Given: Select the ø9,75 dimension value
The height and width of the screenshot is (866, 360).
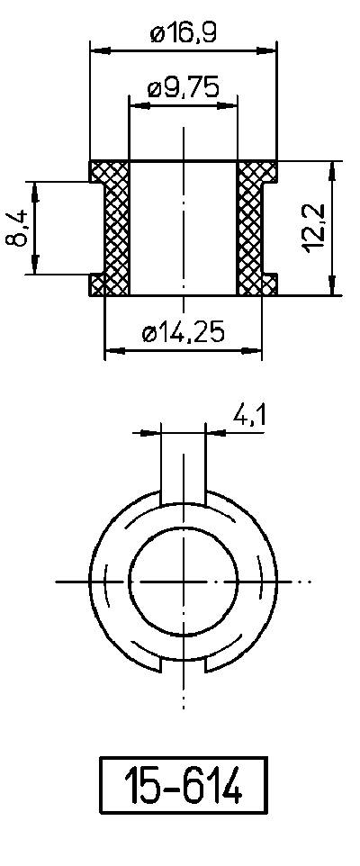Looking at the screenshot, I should click(184, 89).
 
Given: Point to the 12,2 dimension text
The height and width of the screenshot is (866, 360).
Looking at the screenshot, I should click(315, 229).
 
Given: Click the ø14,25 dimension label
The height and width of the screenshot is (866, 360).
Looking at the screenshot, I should click(184, 333).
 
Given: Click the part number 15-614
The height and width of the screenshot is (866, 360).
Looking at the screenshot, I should click(184, 785).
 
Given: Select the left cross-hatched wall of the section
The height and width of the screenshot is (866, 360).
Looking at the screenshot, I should click(117, 229).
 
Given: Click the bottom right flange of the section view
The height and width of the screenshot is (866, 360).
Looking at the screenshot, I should click(266, 285).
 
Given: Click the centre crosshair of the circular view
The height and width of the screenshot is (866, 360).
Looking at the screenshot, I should click(184, 582).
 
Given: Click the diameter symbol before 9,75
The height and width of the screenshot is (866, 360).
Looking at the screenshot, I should click(154, 89).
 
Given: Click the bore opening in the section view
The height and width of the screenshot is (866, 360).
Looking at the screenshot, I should click(184, 229).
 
